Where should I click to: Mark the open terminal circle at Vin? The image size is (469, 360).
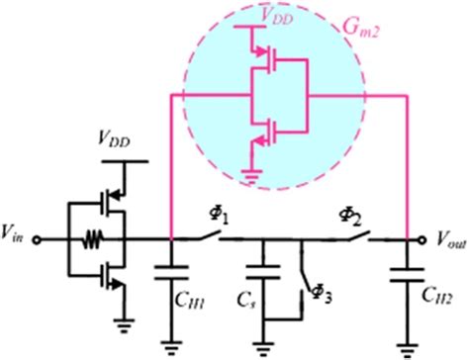tap(38, 238)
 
